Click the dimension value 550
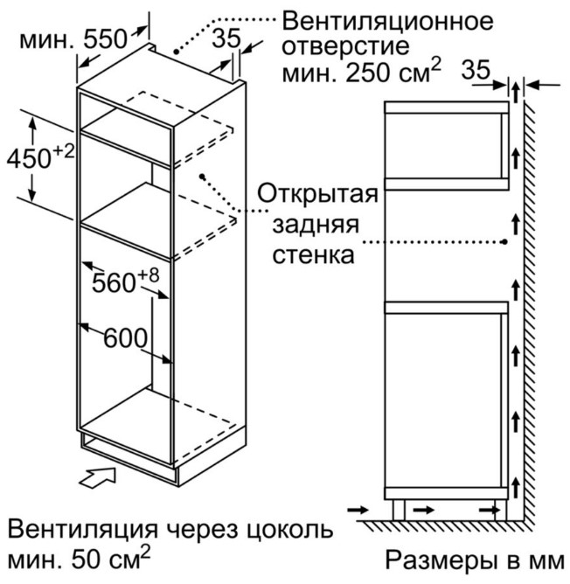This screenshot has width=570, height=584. click(105, 39)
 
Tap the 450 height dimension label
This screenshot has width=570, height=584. click(29, 159)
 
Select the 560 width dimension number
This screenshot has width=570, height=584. click(114, 283)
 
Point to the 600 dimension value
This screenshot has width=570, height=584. click(125, 338)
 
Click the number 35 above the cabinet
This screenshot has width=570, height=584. click(226, 38)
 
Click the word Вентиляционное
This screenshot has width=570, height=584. click(387, 22)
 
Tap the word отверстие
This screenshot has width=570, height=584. click(345, 46)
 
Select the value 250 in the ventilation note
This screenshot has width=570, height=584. click(368, 73)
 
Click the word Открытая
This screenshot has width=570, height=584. click(318, 193)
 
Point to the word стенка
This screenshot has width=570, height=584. click(313, 256)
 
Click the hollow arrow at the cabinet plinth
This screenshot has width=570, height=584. click(98, 478)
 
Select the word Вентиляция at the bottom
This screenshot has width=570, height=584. click(83, 529)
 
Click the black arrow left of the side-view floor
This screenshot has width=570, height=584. click(358, 510)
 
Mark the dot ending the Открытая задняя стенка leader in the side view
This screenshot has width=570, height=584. click(504, 242)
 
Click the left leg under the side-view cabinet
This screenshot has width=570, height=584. click(399, 510)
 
